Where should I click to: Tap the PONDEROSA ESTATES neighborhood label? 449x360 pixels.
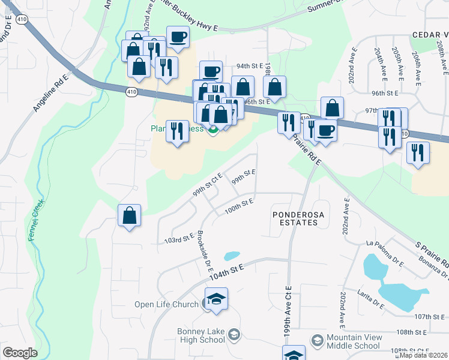coord(294,218)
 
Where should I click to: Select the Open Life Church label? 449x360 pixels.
coord(166,304)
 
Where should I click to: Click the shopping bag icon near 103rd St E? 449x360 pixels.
coord(130,216)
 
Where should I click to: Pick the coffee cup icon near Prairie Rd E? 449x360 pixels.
coord(325,131)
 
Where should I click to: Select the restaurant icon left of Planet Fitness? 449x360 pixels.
coord(176,131)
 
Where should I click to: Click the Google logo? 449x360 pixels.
coord(20,353)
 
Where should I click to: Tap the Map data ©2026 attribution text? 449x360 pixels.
coord(423,355)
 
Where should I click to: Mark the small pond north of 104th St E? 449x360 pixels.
coord(232,256)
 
